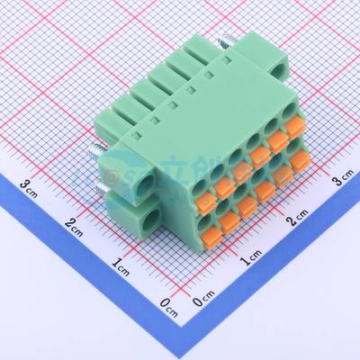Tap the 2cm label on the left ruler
pos(77,225)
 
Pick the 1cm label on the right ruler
pos(251,260)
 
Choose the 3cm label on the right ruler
pos(341,181)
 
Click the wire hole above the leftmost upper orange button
pos(214,167)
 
